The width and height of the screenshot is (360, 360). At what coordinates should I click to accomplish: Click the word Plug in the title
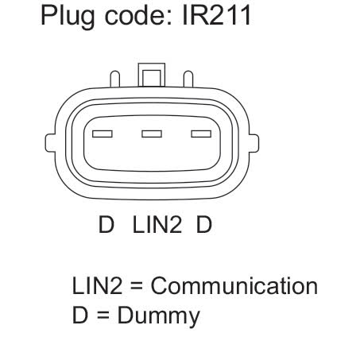tap(68, 17)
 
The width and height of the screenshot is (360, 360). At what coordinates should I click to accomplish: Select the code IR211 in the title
tap(216, 16)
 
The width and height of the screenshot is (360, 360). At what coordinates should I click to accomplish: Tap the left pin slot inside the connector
tap(103, 134)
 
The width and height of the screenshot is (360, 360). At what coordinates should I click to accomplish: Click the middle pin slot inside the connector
tap(152, 134)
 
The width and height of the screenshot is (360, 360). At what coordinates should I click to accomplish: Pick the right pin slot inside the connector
tap(201, 134)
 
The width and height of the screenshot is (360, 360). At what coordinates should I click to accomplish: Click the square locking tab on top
tap(152, 75)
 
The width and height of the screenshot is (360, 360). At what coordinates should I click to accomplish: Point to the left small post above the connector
tap(115, 79)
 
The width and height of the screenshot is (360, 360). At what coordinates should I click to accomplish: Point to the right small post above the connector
tap(188, 79)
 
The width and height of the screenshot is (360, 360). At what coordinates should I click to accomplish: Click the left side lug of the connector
tap(50, 143)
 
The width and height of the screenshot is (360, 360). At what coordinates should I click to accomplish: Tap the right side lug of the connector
tap(254, 143)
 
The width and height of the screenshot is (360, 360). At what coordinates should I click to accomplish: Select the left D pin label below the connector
tap(106, 224)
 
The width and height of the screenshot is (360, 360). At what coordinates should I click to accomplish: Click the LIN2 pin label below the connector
tap(157, 224)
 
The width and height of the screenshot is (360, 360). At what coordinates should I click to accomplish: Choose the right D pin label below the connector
tap(204, 224)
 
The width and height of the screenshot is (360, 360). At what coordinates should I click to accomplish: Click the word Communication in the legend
tap(234, 286)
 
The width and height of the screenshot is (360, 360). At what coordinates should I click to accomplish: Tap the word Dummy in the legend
tap(158, 315)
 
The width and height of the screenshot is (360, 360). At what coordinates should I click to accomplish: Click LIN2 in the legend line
tap(97, 285)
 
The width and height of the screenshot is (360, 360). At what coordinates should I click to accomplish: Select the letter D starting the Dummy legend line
tap(79, 315)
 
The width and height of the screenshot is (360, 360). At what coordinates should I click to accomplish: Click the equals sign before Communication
tap(137, 286)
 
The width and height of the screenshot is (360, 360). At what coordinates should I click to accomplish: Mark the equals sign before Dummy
tap(103, 315)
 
